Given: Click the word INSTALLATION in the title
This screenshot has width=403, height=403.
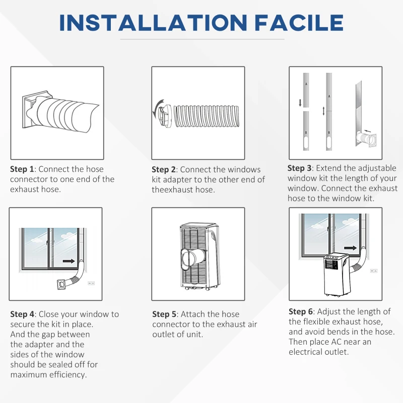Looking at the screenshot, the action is pos(153,23).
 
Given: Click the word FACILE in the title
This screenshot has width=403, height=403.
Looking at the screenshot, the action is pos(299,23).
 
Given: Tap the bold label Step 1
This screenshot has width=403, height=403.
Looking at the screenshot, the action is pos(22,169).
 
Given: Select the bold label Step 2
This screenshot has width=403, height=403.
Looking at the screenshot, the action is pos(164,170).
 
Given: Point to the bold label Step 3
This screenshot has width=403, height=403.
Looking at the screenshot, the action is pos(299,168).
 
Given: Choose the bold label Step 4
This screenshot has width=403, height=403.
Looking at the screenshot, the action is pos(22,314).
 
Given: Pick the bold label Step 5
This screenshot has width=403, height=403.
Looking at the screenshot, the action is pos(164,314).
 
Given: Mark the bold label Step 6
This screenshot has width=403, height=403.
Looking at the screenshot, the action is pos(301,311).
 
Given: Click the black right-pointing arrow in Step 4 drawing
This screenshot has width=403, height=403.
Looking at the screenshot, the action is pos(69,261).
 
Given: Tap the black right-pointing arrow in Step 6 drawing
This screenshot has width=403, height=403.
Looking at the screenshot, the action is pos(350,248).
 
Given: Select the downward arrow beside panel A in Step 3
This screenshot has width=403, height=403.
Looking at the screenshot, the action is pos(300,103).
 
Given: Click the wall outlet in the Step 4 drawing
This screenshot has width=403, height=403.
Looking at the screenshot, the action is pos(91,283).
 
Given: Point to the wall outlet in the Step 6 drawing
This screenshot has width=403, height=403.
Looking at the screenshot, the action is pos(374,271).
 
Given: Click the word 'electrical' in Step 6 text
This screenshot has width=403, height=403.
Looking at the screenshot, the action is pos(305,352).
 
